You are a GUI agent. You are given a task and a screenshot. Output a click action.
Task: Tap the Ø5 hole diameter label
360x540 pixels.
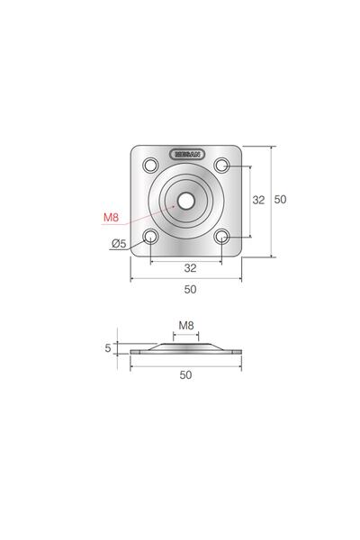tap(118, 244)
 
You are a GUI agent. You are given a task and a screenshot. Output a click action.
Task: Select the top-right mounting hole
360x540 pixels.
tap(222, 165)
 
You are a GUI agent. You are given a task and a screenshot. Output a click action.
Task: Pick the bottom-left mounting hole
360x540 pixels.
tap(150, 237)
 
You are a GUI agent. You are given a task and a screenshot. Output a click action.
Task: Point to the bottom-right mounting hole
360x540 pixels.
tap(222, 237)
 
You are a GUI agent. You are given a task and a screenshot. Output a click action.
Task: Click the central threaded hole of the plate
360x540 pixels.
tap(186, 201)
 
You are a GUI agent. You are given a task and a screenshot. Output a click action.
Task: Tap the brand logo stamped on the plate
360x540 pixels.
tap(186, 153)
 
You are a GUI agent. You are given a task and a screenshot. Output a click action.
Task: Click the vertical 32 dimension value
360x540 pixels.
tap(257, 201)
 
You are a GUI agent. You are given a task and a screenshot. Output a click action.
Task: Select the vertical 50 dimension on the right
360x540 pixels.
tap(280, 201)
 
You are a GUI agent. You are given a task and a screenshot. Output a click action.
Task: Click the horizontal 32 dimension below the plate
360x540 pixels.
tap(190, 267)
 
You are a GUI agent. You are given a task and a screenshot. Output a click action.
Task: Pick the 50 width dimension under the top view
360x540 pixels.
tap(190, 290)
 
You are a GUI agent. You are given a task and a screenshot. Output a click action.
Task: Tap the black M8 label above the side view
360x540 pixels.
tap(186, 325)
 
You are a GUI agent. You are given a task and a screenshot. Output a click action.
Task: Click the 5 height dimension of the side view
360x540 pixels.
tap(108, 346)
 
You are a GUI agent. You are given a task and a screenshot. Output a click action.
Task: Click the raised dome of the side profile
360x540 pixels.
tap(186, 345)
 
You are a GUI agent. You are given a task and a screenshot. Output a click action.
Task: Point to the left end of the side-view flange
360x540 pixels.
tap(133, 350)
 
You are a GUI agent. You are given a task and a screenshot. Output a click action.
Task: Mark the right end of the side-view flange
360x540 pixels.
tap(239, 350)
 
